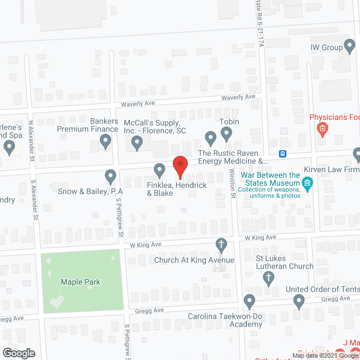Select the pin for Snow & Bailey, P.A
[111, 177]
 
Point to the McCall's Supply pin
[137, 143]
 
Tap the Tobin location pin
[226, 133]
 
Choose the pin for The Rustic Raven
[210, 137]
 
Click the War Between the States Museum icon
[307, 182]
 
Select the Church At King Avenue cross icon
[222, 244]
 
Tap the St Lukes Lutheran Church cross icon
[269, 277]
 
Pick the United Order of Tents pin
[299, 302]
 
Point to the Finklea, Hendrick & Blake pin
[159, 169]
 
